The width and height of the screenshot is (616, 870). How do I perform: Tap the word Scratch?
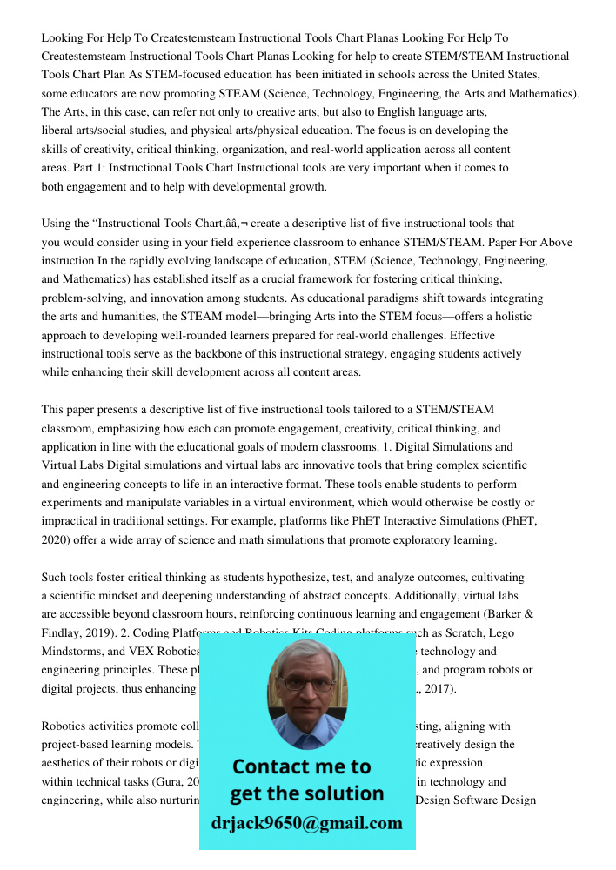(x=473, y=632)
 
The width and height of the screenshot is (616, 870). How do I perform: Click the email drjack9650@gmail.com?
(x=306, y=823)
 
